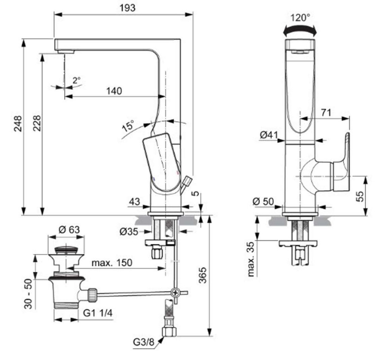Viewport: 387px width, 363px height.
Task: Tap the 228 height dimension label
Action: click(37, 124)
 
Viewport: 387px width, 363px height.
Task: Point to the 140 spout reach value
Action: click(114, 91)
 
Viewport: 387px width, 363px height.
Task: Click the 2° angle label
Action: click(77, 80)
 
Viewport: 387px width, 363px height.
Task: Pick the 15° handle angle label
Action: click(128, 126)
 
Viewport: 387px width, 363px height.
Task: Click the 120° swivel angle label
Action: click(300, 17)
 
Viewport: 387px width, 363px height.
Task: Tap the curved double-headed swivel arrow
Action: click(300, 29)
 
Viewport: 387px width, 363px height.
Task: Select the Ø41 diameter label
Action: click(269, 134)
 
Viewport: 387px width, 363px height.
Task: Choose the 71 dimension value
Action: click(326, 112)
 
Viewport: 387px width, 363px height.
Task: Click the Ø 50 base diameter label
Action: click(263, 202)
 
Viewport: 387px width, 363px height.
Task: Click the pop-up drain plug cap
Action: click(66, 250)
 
